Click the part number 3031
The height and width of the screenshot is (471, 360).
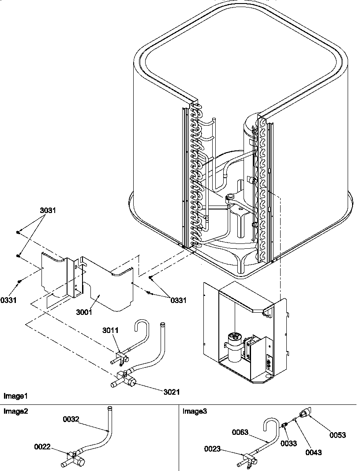(48, 210)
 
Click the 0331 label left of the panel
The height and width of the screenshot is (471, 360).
(9, 300)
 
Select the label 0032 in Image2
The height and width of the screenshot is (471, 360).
(71, 419)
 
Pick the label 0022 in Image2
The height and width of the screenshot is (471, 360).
(43, 446)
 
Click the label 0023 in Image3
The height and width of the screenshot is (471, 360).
(213, 449)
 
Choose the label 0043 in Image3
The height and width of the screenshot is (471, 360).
(313, 452)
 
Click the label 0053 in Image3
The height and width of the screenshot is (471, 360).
(338, 435)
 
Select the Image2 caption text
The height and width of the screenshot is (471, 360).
(15, 411)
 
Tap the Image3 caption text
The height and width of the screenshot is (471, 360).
(195, 411)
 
